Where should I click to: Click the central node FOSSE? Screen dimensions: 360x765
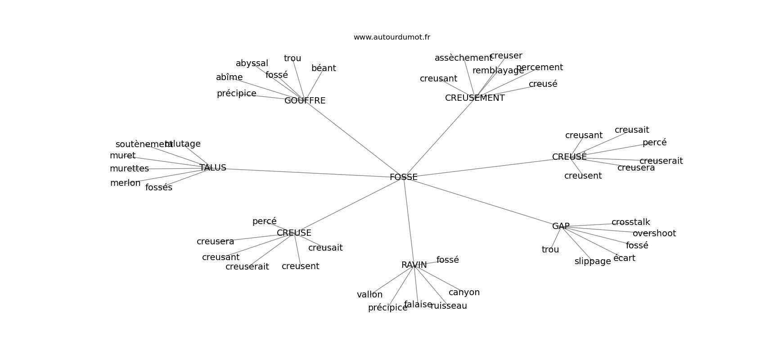pos(404,177)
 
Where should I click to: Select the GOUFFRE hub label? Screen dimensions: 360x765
pos(305,101)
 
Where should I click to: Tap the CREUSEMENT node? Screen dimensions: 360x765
pos(475,98)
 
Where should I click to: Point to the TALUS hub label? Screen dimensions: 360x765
pos(213,168)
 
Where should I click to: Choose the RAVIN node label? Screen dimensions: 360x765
pos(414,265)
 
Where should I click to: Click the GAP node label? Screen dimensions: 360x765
pos(561,226)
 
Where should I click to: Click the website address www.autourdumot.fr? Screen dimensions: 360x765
pos(391,37)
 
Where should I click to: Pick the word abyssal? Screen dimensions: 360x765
pos(252,63)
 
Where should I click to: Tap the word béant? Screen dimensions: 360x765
pos(324,68)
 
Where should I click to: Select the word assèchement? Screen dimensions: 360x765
pos(463,58)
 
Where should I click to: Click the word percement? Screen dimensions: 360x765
pos(540,67)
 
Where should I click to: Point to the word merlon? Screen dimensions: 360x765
pos(126,183)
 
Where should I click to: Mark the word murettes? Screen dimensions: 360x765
pos(129,169)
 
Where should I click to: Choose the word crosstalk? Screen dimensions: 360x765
pos(630,222)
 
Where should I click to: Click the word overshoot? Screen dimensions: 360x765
pos(654,234)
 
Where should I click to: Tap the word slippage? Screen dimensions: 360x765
pos(593,261)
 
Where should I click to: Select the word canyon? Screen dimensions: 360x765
pos(464,292)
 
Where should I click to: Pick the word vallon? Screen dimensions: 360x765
pos(369,295)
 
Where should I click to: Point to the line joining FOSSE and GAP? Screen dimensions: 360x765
pos(481,202)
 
